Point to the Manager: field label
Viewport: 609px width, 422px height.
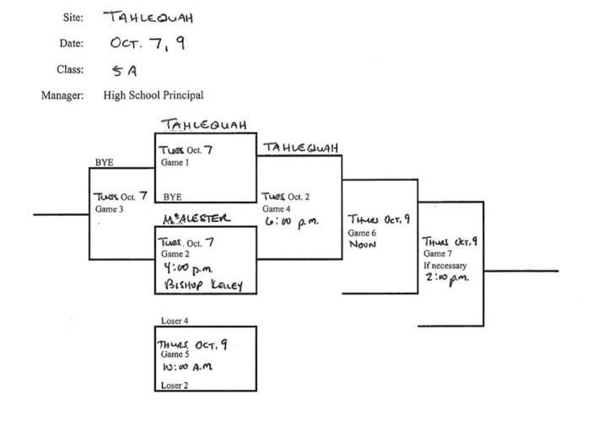tap(62, 95)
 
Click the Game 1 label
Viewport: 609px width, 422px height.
tap(175, 162)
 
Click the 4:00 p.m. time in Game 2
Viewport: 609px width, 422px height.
tap(183, 270)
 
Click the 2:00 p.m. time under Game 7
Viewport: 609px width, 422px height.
tap(446, 275)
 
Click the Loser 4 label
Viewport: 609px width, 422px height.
tap(175, 321)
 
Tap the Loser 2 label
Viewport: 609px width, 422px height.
tap(175, 385)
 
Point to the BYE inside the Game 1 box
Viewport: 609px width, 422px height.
tap(172, 196)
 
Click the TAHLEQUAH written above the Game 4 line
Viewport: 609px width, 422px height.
tap(301, 148)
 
